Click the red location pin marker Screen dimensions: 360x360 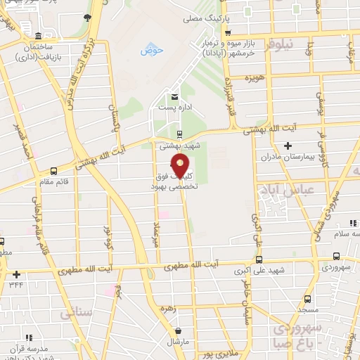tap(181, 167)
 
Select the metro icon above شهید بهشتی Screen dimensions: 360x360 tap(179, 134)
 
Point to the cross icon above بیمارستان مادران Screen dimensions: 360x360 tap(288, 146)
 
